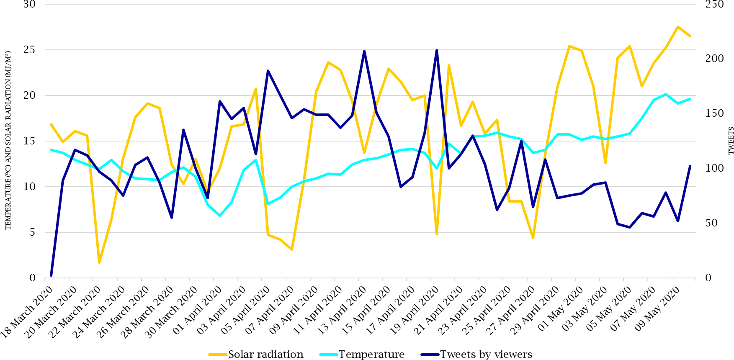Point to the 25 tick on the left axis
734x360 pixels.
click(x=29, y=50)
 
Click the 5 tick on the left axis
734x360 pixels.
click(x=32, y=232)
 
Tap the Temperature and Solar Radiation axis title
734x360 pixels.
click(x=8, y=141)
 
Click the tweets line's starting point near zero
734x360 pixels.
click(x=51, y=275)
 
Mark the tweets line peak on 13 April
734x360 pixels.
click(x=364, y=51)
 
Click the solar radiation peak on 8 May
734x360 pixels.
click(x=677, y=27)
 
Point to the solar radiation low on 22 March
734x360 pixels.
click(x=99, y=262)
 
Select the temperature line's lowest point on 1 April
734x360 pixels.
click(x=220, y=216)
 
